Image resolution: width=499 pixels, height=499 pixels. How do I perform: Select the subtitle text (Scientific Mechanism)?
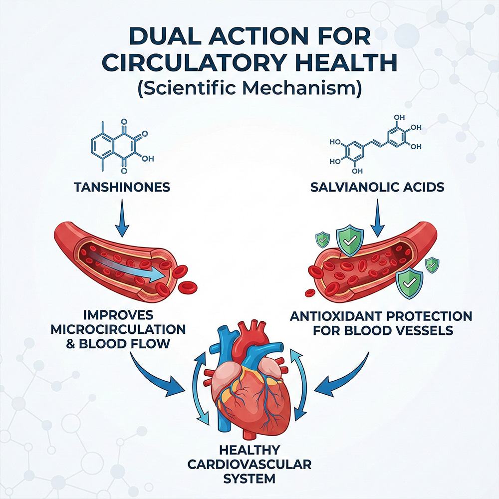click(x=250, y=88)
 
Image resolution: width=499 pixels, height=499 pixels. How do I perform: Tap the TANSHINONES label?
click(x=122, y=187)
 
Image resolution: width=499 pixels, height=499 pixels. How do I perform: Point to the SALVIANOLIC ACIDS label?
click(x=377, y=187)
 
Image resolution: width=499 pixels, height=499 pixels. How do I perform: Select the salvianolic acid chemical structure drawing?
click(x=376, y=144)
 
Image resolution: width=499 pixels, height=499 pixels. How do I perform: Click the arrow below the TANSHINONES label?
click(x=122, y=219)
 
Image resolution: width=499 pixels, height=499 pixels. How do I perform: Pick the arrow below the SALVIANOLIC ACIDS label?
click(x=377, y=219)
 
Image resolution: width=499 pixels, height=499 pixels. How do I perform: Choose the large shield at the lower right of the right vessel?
click(x=409, y=283)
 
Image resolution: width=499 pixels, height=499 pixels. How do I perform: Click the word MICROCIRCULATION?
click(x=118, y=329)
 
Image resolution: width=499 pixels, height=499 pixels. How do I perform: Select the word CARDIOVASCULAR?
click(x=249, y=464)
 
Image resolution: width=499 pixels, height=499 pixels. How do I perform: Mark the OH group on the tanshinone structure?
click(x=148, y=159)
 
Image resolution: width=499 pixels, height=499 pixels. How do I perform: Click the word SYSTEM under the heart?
click(x=249, y=479)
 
